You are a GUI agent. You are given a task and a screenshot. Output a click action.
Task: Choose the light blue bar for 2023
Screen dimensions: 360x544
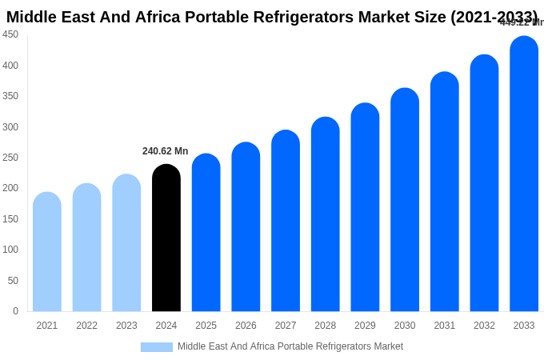[x=126, y=243]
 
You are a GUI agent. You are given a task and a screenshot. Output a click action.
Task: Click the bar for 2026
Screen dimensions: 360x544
[x=246, y=227]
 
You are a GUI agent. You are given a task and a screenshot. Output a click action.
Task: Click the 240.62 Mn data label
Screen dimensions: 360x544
[x=165, y=151]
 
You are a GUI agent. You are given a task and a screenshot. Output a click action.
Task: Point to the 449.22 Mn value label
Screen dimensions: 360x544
[x=521, y=22]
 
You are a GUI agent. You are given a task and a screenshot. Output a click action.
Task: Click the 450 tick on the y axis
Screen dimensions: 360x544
[x=10, y=34]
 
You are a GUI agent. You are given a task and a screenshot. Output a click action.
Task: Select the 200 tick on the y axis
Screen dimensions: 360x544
[x=10, y=188]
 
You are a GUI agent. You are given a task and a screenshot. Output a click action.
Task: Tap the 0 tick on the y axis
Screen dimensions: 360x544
[x=15, y=311]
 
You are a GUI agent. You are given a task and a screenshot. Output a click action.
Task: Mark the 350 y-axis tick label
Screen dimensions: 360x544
[x=10, y=96]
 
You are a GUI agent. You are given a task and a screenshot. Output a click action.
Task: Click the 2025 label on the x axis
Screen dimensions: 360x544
[x=206, y=326]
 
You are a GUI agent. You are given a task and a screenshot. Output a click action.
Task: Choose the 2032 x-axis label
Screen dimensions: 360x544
[x=484, y=326]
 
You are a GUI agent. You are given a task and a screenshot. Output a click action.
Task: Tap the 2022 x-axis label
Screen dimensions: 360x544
[x=86, y=326]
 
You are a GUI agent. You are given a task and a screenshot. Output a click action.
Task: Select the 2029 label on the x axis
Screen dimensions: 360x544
[x=365, y=326]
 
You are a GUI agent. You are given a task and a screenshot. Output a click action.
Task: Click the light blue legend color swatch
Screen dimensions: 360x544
[x=157, y=347]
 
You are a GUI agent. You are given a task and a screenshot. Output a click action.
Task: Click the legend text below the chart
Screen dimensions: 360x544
[x=290, y=346]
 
